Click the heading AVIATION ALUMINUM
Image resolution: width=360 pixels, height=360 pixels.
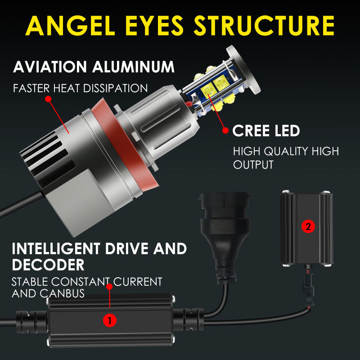click(x=94, y=67)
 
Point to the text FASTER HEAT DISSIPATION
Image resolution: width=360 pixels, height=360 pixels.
click(x=81, y=88)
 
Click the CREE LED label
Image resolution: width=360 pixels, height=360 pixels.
click(x=266, y=131)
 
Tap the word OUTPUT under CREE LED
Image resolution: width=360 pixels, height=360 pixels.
click(x=253, y=165)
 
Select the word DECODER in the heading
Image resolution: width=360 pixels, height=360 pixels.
click(x=48, y=264)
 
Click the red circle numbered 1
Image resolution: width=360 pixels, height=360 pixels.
click(x=110, y=320)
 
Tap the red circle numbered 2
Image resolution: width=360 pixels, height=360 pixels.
click(x=308, y=226)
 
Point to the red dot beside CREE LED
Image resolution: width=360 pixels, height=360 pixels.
click(x=225, y=131)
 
